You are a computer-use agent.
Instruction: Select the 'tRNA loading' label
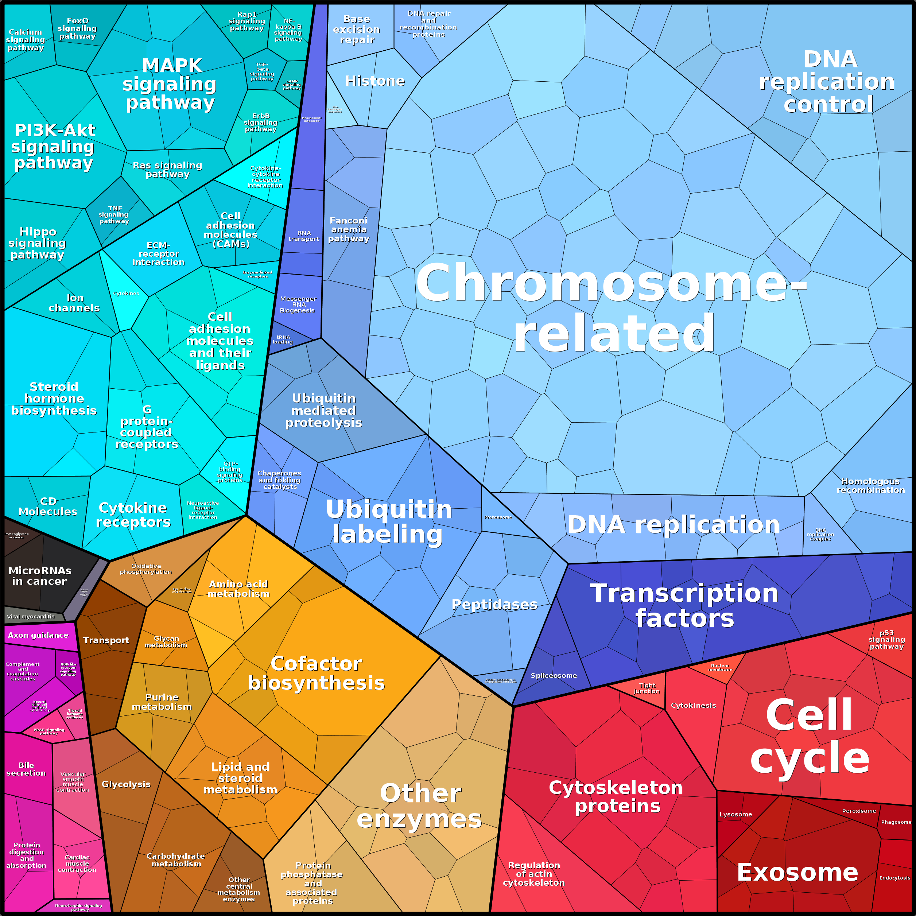click(x=283, y=339)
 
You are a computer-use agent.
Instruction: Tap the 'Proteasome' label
click(x=498, y=517)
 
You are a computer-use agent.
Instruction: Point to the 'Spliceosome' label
click(x=554, y=675)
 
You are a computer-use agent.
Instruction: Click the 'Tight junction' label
click(x=647, y=688)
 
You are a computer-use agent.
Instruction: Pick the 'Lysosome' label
click(x=735, y=814)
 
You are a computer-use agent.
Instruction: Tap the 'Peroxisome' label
click(x=859, y=811)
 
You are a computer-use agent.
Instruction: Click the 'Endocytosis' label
click(x=894, y=878)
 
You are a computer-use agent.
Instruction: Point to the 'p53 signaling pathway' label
click(x=886, y=639)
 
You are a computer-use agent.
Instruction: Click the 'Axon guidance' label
click(x=38, y=635)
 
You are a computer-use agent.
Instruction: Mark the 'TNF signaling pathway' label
click(x=114, y=214)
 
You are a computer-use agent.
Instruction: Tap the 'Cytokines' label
click(x=126, y=294)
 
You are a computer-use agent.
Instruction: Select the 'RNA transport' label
click(x=304, y=236)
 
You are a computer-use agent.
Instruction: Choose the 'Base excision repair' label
click(x=357, y=30)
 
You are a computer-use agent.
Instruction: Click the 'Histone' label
click(x=374, y=81)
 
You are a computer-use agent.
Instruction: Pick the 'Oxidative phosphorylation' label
click(x=145, y=569)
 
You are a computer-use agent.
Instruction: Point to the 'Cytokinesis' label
click(x=693, y=705)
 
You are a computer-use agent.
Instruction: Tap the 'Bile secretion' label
click(x=26, y=769)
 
